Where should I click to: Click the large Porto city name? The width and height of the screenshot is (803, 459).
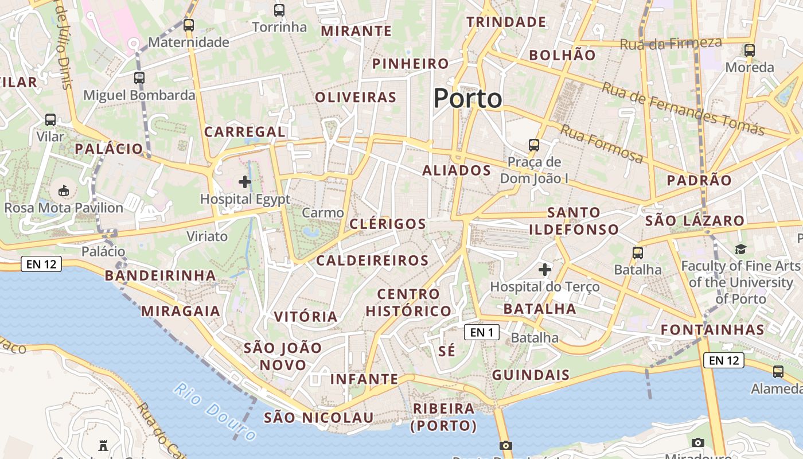(x=467, y=99)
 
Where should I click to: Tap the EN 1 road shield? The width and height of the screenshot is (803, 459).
(x=481, y=332)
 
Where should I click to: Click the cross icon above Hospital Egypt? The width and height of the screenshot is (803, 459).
(x=245, y=182)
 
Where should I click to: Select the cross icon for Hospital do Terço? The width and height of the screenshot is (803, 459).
(x=544, y=269)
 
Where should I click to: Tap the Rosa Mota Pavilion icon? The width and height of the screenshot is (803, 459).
(x=64, y=190)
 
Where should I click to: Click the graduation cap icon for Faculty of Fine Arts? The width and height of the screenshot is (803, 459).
(x=740, y=249)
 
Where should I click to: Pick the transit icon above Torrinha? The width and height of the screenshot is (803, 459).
(x=279, y=10)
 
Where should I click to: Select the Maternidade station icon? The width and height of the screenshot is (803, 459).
(x=189, y=25)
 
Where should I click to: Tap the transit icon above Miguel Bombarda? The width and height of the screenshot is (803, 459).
(x=139, y=78)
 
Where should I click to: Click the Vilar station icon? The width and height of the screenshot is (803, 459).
(x=50, y=120)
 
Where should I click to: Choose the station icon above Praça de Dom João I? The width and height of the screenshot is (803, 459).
(x=534, y=145)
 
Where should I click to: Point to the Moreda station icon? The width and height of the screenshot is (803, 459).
(x=750, y=50)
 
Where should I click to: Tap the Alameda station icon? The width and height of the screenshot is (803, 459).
(x=778, y=372)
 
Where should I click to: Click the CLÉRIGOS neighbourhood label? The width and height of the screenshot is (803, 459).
(x=388, y=224)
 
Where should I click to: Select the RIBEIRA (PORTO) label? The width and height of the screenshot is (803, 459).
(x=444, y=417)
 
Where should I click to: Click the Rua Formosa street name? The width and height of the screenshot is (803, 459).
(x=601, y=144)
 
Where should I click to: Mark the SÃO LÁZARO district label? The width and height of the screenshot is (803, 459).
(x=695, y=221)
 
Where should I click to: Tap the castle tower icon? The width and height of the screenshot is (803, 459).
(x=103, y=445)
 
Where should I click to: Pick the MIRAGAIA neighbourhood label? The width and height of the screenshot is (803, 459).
(x=181, y=311)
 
